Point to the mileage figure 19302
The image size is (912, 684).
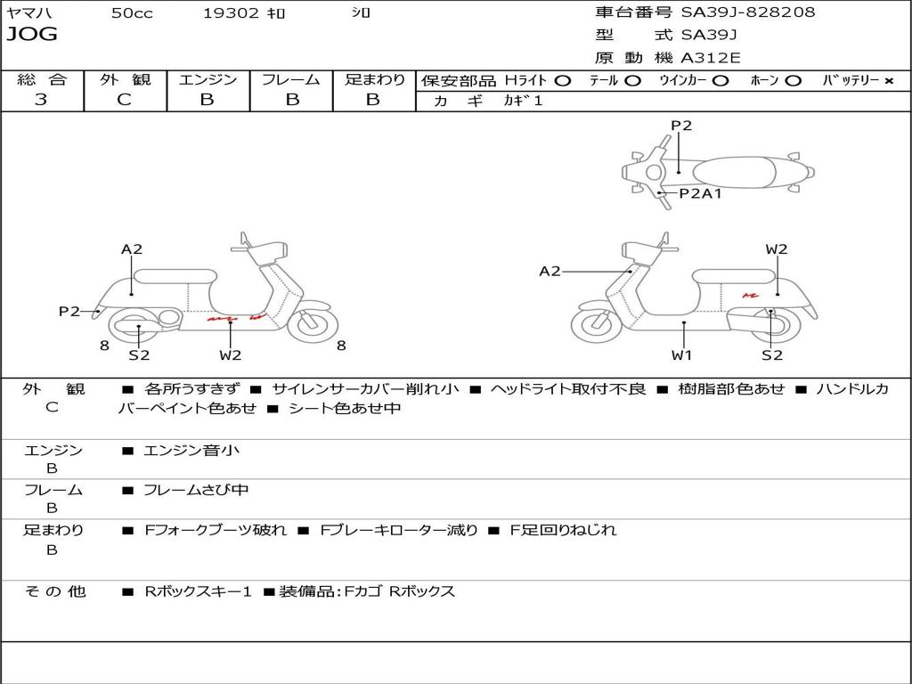tap(231, 13)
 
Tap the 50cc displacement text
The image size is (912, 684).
tap(132, 13)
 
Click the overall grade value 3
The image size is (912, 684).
tap(41, 100)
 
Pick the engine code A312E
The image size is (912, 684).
tap(710, 59)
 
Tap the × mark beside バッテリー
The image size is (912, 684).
tap(888, 80)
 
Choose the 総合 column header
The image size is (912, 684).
tap(41, 79)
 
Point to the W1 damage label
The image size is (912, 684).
tap(682, 355)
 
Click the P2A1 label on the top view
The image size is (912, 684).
tap(700, 193)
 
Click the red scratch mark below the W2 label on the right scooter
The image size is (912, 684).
tap(750, 295)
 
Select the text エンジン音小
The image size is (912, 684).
tap(191, 451)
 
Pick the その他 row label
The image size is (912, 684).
tap(53, 591)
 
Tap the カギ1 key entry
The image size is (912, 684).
tap(523, 102)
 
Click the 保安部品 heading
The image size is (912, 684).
tap(458, 80)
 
